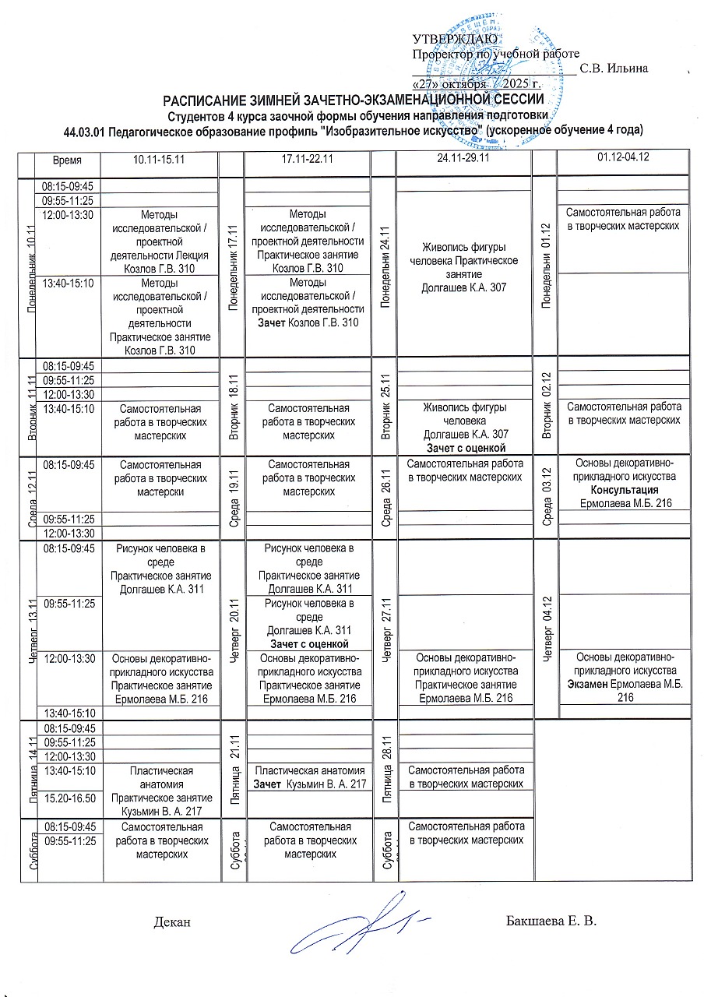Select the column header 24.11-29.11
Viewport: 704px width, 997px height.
[x=464, y=158]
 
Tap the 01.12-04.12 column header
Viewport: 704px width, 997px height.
[x=623, y=158]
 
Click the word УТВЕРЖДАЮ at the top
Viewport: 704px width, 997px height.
[x=449, y=39]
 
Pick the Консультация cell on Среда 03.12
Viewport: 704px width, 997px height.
[x=624, y=484]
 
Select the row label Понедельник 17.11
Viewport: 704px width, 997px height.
[x=232, y=267]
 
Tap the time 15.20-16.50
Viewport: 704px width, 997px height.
[x=69, y=798]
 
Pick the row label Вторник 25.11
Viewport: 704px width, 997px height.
[x=384, y=406]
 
